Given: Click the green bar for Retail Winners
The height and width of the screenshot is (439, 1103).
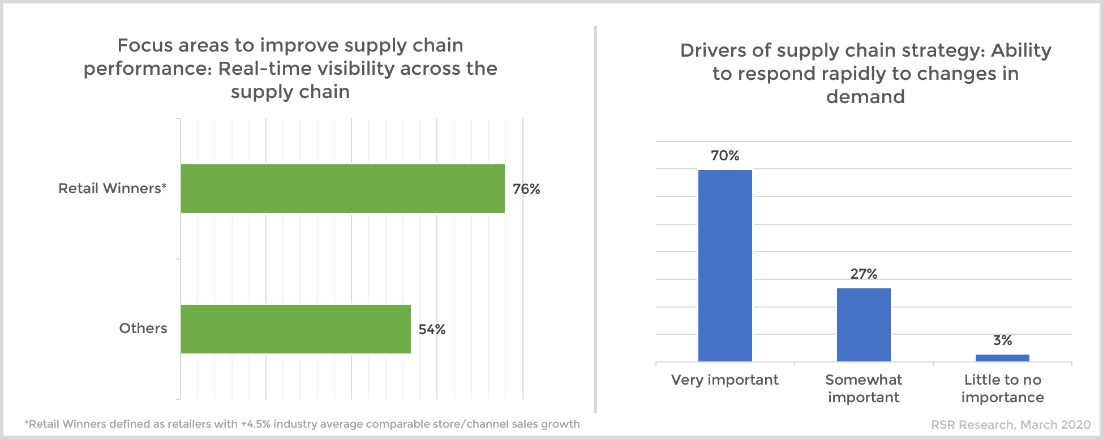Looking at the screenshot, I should (x=342, y=189).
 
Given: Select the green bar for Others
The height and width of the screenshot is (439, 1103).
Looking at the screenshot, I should (x=295, y=329).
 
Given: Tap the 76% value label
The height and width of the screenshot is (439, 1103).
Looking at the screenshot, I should (x=526, y=189).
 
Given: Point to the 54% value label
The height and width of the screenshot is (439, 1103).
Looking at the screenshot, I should (x=432, y=330).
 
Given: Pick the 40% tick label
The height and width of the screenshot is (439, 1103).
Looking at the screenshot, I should (x=351, y=100).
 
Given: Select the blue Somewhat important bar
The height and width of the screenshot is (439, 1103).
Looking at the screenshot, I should (x=864, y=324).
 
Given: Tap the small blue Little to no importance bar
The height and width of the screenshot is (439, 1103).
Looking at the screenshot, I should (x=1002, y=357).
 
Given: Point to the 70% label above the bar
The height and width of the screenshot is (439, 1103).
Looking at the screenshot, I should (x=725, y=156).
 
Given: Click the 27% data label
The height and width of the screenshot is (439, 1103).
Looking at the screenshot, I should (x=864, y=274).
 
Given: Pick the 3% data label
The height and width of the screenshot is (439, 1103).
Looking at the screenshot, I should (x=1002, y=340).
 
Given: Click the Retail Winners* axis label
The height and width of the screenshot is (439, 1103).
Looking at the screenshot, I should (x=113, y=189).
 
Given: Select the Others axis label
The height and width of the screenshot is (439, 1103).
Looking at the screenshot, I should (x=143, y=329).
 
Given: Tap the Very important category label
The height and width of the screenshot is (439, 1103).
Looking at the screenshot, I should (x=725, y=380).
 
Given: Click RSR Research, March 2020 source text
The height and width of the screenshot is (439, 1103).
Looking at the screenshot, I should (x=1011, y=425).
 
